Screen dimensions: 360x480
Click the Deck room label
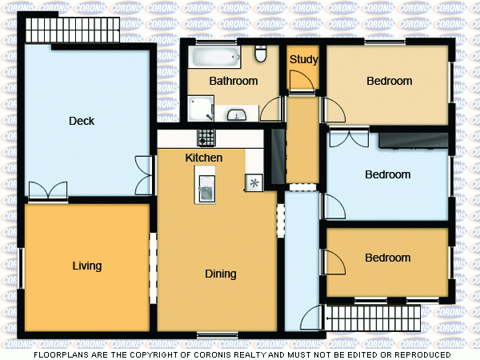82,122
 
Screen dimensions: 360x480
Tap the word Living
87,266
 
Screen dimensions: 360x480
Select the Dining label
221,274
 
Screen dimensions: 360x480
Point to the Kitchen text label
204,158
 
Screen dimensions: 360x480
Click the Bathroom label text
233,81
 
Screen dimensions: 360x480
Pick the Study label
304,59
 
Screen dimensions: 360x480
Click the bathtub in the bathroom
214,58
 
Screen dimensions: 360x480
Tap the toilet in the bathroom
260,54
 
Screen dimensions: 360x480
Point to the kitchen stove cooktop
206,136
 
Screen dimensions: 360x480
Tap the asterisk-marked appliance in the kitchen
254,182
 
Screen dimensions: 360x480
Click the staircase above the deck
73,30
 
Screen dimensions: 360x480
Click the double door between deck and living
48,192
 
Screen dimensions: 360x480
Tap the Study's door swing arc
299,81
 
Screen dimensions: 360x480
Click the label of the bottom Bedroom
388,258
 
